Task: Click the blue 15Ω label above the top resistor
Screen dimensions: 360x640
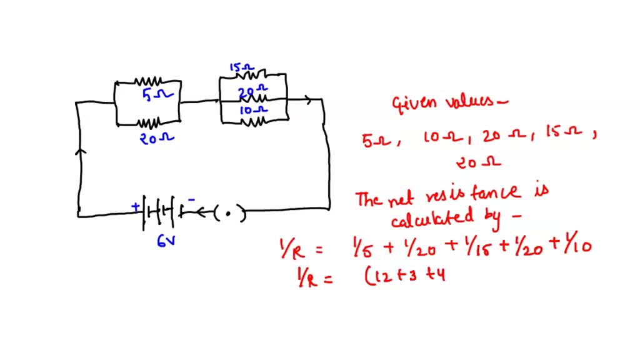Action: [240, 67]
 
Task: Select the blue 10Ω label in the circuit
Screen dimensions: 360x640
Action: [252, 110]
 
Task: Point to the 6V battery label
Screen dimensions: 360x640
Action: [166, 239]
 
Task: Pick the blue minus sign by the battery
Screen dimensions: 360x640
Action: [192, 200]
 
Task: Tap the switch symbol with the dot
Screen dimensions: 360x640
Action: [228, 214]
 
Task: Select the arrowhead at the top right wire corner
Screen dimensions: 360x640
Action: [307, 99]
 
